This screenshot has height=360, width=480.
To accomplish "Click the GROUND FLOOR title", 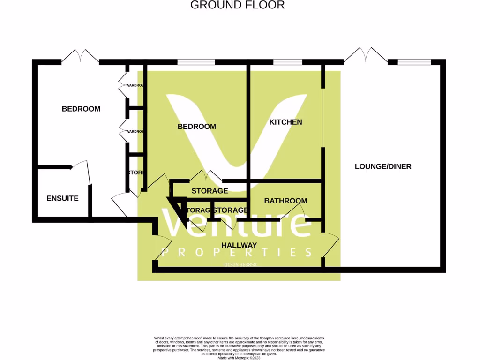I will tap(237, 5).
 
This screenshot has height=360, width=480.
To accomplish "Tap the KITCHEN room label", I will tap(285, 122).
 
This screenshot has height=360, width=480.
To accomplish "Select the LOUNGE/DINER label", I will tap(382, 166).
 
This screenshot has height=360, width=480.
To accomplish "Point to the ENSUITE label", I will tap(62, 198).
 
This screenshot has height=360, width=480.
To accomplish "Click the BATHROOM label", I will tap(285, 201).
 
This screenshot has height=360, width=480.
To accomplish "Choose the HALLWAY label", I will tap(239, 245).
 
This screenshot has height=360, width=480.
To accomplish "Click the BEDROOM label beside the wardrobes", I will tap(81, 109).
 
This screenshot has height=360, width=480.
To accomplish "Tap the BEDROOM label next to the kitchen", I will tap(196, 127).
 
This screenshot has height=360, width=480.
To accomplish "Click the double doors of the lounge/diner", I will tap(366, 55).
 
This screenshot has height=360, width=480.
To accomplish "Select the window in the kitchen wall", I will tap(288, 62).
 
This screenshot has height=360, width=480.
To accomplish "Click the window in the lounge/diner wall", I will tap(414, 62).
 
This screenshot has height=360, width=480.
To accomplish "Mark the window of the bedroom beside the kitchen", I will tap(196, 62).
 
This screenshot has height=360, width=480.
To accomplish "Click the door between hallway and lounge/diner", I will tap(330, 244).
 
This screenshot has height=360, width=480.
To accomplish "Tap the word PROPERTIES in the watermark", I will tap(237, 252).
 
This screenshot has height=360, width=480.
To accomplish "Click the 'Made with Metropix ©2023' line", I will tap(239, 358).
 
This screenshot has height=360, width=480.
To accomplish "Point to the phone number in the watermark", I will tap(240, 265).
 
